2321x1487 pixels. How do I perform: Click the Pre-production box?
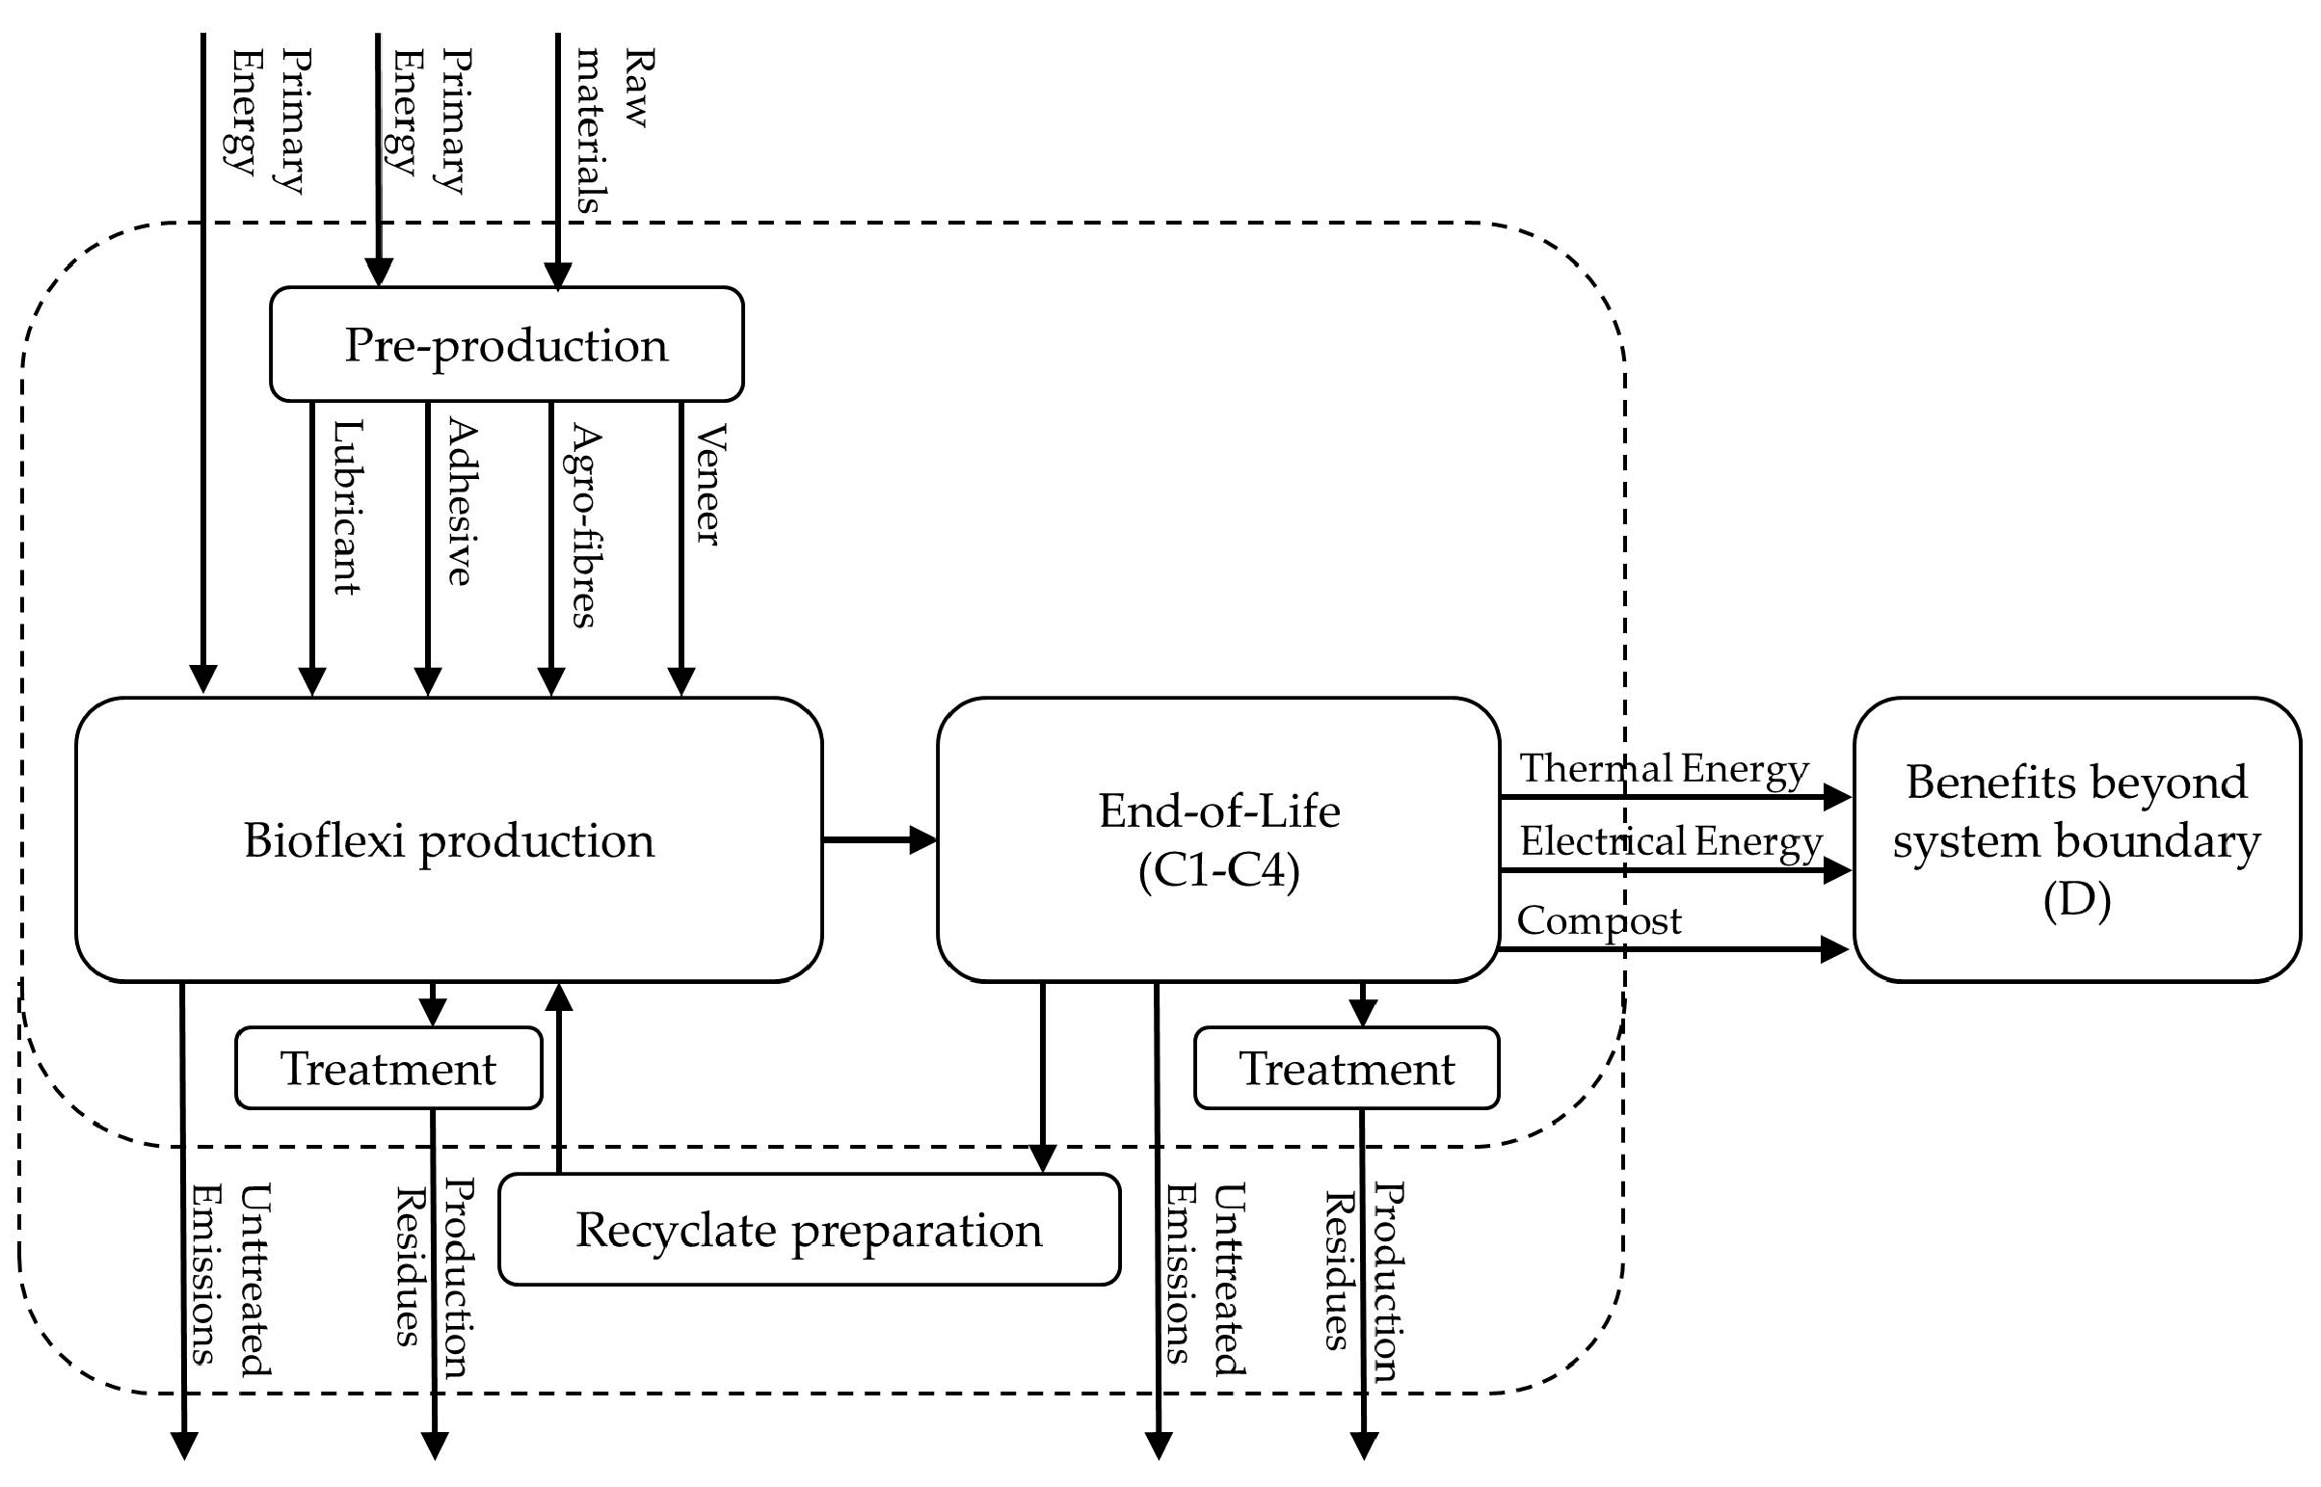[x=506, y=345]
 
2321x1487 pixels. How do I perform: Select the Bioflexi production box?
[x=448, y=840]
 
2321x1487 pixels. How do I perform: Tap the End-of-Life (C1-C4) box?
[x=1217, y=840]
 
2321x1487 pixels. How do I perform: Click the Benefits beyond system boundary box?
[x=2076, y=840]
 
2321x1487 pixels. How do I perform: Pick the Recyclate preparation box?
[x=809, y=1230]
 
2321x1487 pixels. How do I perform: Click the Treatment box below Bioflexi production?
[x=388, y=1069]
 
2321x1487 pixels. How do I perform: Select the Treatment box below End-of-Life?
[x=1346, y=1069]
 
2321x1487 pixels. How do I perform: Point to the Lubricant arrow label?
[x=347, y=507]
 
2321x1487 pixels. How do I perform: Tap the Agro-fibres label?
[x=583, y=526]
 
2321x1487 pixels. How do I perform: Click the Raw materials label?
[x=613, y=130]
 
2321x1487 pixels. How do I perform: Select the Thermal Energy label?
[x=1664, y=770]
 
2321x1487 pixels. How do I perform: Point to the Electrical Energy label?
[x=1670, y=842]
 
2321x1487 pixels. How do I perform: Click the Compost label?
[x=1599, y=921]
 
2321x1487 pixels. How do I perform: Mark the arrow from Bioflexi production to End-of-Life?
[x=879, y=840]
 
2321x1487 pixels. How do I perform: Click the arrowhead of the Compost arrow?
[x=1834, y=949]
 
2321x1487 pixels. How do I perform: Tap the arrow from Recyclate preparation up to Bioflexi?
[x=559, y=1081]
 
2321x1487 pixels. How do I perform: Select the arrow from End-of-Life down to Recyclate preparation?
[x=1043, y=1072]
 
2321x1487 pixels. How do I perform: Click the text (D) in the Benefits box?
[x=2076, y=900]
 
